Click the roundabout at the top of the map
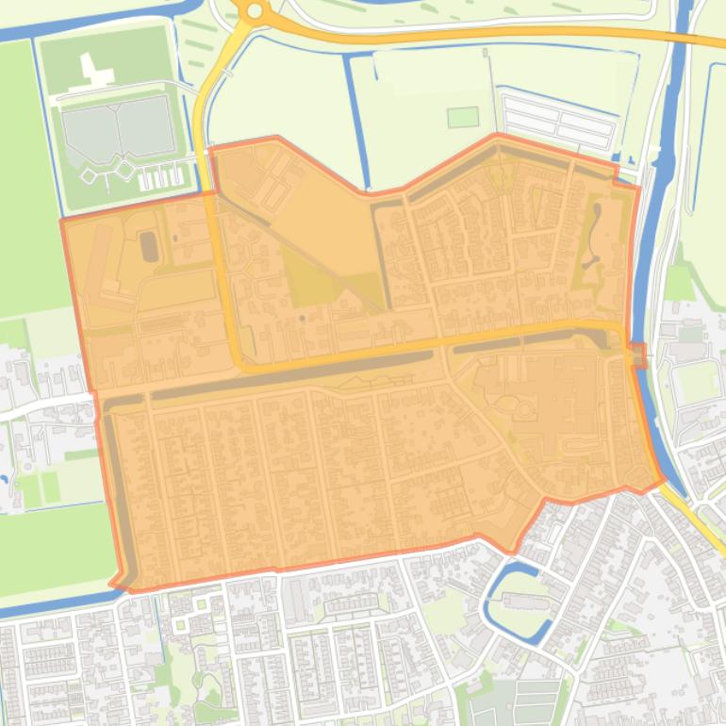[x=254, y=10]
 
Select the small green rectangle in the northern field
[x=462, y=117]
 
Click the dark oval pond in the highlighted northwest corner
[x=149, y=247]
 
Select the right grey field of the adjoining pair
[x=146, y=126]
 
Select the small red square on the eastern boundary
[x=638, y=355]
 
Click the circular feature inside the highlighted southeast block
[x=521, y=408]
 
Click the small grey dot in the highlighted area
[x=302, y=318]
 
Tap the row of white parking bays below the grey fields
[x=160, y=176]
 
